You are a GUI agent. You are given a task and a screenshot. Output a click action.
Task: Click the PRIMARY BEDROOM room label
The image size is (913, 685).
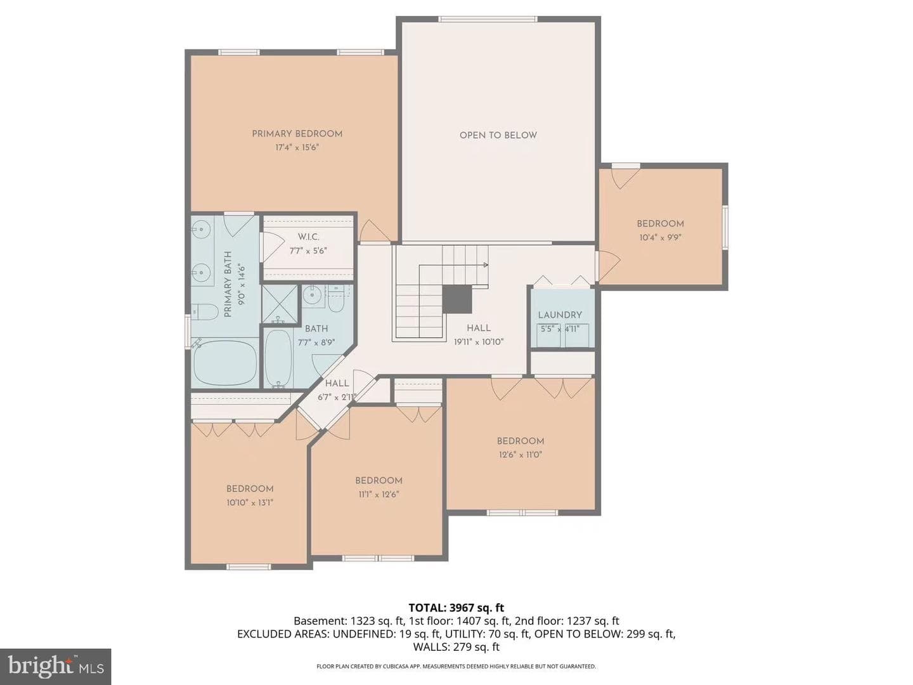(x=297, y=134)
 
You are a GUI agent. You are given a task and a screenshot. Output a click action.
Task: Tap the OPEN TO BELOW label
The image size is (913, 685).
(x=498, y=135)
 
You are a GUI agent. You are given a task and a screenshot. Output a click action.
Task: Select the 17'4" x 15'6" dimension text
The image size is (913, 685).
(x=297, y=147)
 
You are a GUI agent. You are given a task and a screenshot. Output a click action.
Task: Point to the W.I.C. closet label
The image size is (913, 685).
(x=308, y=237)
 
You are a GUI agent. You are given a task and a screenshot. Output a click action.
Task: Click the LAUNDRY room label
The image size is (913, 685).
(x=560, y=315)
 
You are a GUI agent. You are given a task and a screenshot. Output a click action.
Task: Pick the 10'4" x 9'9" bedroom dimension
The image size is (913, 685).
(x=661, y=237)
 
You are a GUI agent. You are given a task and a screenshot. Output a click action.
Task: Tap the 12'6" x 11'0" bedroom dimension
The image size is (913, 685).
(x=521, y=455)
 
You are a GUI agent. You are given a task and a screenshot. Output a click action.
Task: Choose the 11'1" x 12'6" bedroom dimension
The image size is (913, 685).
(x=378, y=495)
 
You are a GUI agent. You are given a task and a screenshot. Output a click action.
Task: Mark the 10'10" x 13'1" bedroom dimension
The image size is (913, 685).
(x=250, y=502)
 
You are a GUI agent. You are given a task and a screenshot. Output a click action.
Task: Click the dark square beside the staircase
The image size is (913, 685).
(x=456, y=299)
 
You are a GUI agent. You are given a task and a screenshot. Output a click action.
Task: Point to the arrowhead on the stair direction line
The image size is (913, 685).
(x=486, y=264)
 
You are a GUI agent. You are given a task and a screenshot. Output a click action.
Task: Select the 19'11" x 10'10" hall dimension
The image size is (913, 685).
(x=478, y=342)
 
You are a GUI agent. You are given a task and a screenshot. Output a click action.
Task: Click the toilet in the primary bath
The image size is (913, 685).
(x=205, y=312)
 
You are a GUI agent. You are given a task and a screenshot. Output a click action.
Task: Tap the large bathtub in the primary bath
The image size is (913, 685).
(x=225, y=362)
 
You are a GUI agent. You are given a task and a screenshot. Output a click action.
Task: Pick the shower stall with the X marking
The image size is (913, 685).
(x=280, y=304)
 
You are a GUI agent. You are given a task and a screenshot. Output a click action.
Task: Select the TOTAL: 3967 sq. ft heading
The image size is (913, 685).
(x=456, y=608)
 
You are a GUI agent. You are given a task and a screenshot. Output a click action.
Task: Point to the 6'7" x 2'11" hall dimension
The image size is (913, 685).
(x=337, y=397)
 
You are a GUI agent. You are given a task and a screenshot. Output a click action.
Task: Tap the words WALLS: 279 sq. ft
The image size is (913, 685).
(x=456, y=647)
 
